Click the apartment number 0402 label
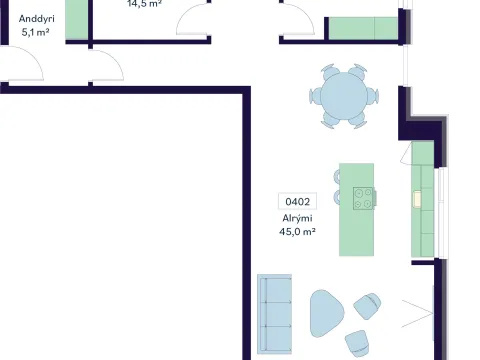pyautogui.click(x=297, y=201)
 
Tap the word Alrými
pyautogui.click(x=297, y=218)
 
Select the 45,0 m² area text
pyautogui.click(x=297, y=231)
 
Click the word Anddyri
pyautogui.click(x=37, y=19)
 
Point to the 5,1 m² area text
pyautogui.click(x=36, y=32)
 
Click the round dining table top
pyautogui.click(x=344, y=96)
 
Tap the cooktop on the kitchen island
pyautogui.click(x=363, y=198)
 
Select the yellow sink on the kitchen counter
pyautogui.click(x=417, y=199)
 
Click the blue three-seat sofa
pyautogui.click(x=275, y=314)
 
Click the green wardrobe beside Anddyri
pyautogui.click(x=77, y=20)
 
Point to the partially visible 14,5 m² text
pyautogui.click(x=144, y=3)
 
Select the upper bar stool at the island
pyautogui.click(x=337, y=177)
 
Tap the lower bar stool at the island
pyautogui.click(x=337, y=197)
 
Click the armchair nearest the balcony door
pyautogui.click(x=367, y=306)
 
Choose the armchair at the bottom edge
pyautogui.click(x=357, y=343)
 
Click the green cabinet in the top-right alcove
pyautogui.click(x=363, y=28)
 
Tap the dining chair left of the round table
pyautogui.click(x=315, y=96)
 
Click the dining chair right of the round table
pyautogui.click(x=373, y=96)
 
